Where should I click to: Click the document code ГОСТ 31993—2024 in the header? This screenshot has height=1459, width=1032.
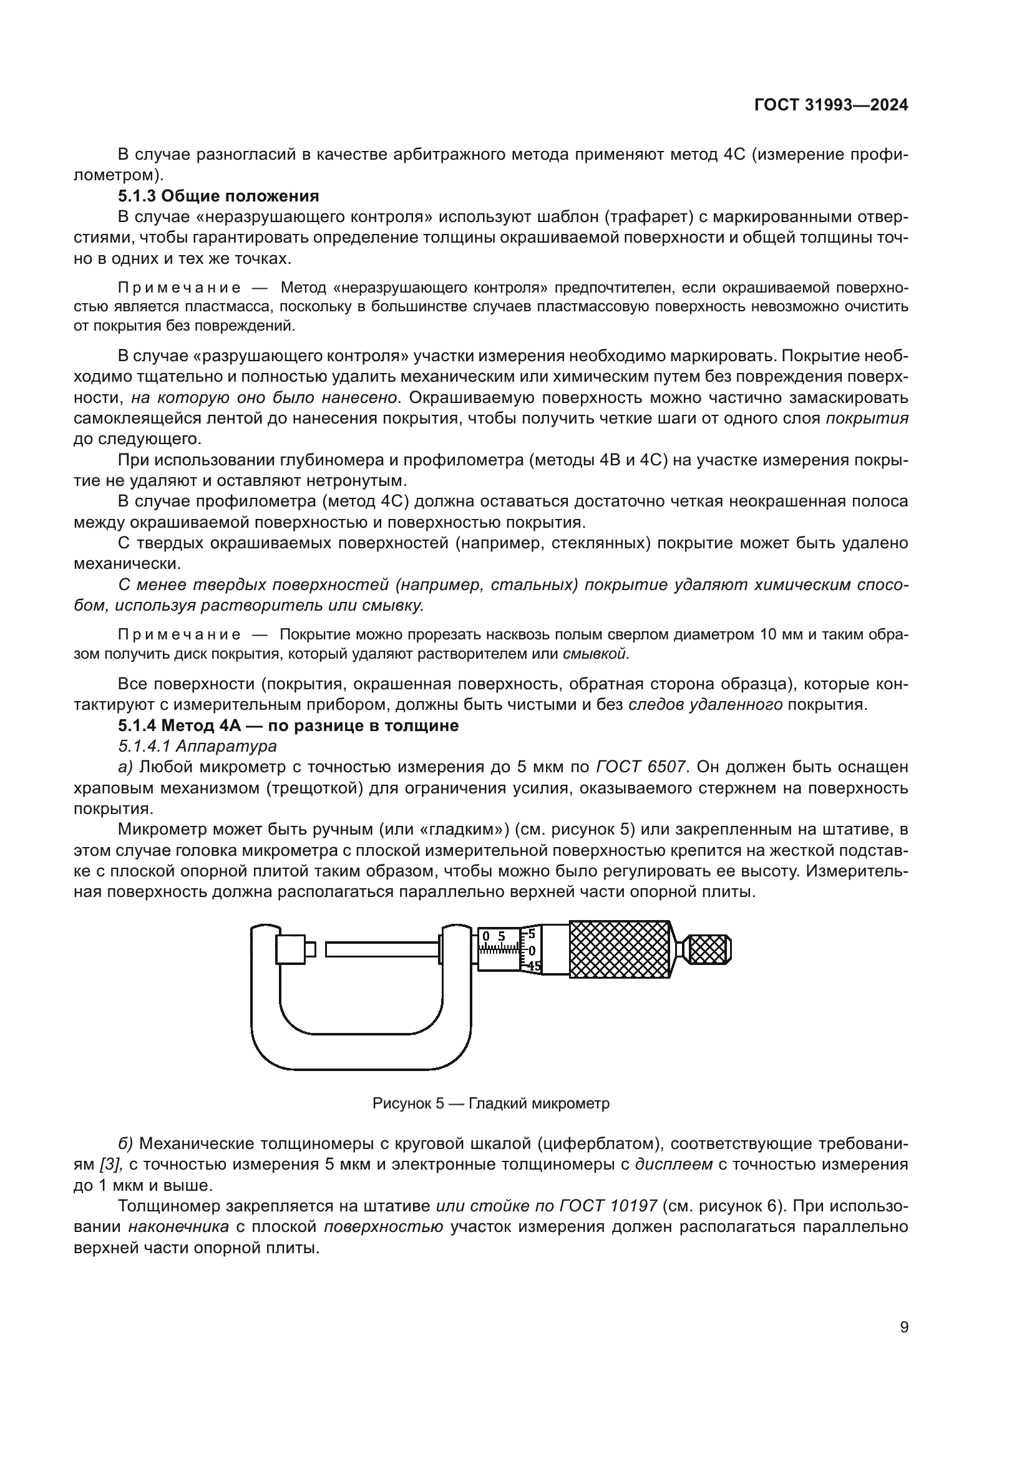tap(830, 105)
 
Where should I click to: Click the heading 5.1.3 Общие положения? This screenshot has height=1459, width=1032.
tap(218, 196)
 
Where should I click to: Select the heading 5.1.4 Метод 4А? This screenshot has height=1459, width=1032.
tap(288, 725)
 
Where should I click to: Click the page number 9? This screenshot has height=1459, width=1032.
tap(904, 1327)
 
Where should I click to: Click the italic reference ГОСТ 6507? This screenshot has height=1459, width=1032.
tap(641, 767)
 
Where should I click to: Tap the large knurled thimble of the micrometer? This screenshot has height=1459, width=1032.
tap(620, 949)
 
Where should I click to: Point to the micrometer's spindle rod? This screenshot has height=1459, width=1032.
tap(381, 949)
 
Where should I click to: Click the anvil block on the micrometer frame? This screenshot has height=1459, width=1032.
tap(291, 949)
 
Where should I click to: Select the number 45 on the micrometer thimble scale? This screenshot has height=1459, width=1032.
tap(534, 966)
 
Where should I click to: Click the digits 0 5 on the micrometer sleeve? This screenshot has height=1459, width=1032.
tap(493, 936)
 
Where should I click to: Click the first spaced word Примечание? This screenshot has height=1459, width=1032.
tap(179, 288)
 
